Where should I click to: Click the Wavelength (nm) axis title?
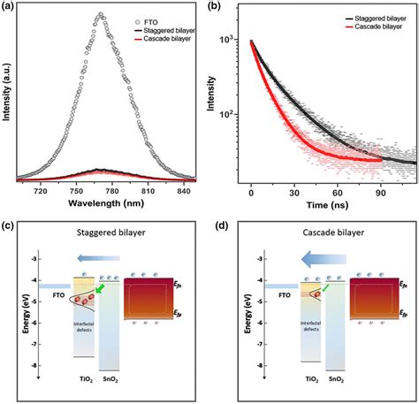103,202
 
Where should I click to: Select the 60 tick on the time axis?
339,189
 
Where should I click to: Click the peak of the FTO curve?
101,15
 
